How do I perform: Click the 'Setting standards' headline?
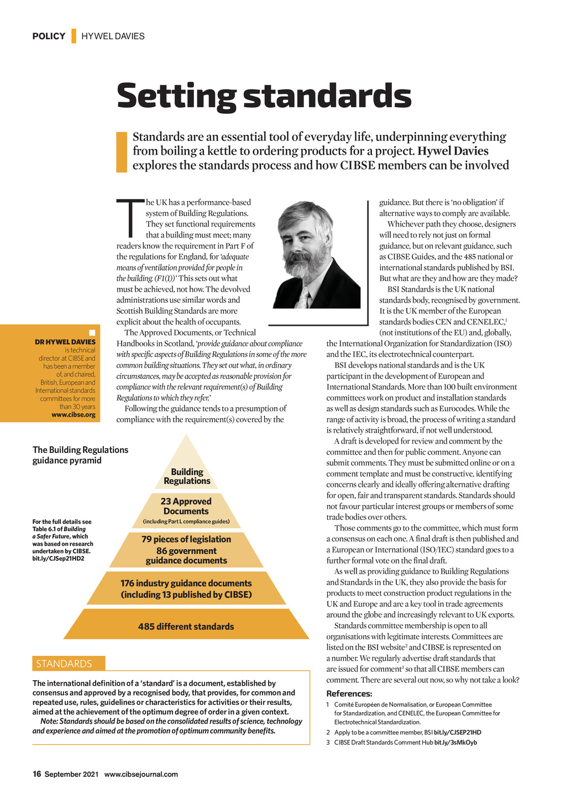(x=264, y=96)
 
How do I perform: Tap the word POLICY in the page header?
(x=49, y=36)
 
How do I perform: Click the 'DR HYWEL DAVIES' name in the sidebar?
(x=65, y=342)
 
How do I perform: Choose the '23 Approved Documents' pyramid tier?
(x=186, y=506)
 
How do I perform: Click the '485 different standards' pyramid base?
(x=186, y=627)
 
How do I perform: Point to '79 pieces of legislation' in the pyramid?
(x=186, y=539)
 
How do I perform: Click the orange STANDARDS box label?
(x=64, y=664)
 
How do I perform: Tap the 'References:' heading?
(x=349, y=694)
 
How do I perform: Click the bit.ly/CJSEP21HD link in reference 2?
(x=457, y=733)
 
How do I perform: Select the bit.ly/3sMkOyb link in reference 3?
(x=455, y=743)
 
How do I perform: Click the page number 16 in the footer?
(x=36, y=774)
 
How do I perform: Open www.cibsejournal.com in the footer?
(x=141, y=774)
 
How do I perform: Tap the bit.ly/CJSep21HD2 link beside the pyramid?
(x=58, y=559)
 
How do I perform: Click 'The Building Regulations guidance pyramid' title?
(x=80, y=455)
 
